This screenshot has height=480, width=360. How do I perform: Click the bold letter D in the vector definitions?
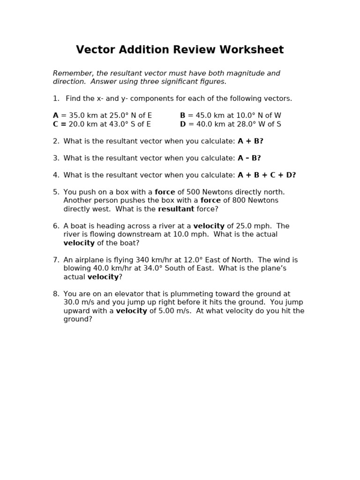coord(183,124)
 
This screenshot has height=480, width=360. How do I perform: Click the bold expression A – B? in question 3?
coord(249,158)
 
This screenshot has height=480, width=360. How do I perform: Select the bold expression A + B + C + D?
coord(267,175)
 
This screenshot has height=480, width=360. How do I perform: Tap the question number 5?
coord(56,192)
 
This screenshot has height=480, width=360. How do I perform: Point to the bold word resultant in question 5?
coord(176,209)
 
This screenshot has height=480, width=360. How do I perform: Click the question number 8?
coord(56,293)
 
